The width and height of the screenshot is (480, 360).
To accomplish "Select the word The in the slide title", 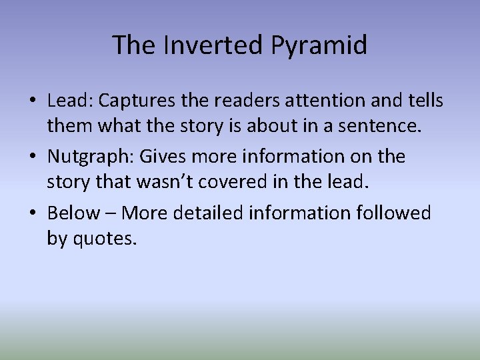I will (x=133, y=45).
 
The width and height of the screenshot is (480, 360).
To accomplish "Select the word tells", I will (x=425, y=101).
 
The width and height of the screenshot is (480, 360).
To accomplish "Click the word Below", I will (x=74, y=213).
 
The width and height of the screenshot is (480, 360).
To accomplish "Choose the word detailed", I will (x=209, y=213).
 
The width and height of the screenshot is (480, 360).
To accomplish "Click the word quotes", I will (x=105, y=238).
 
